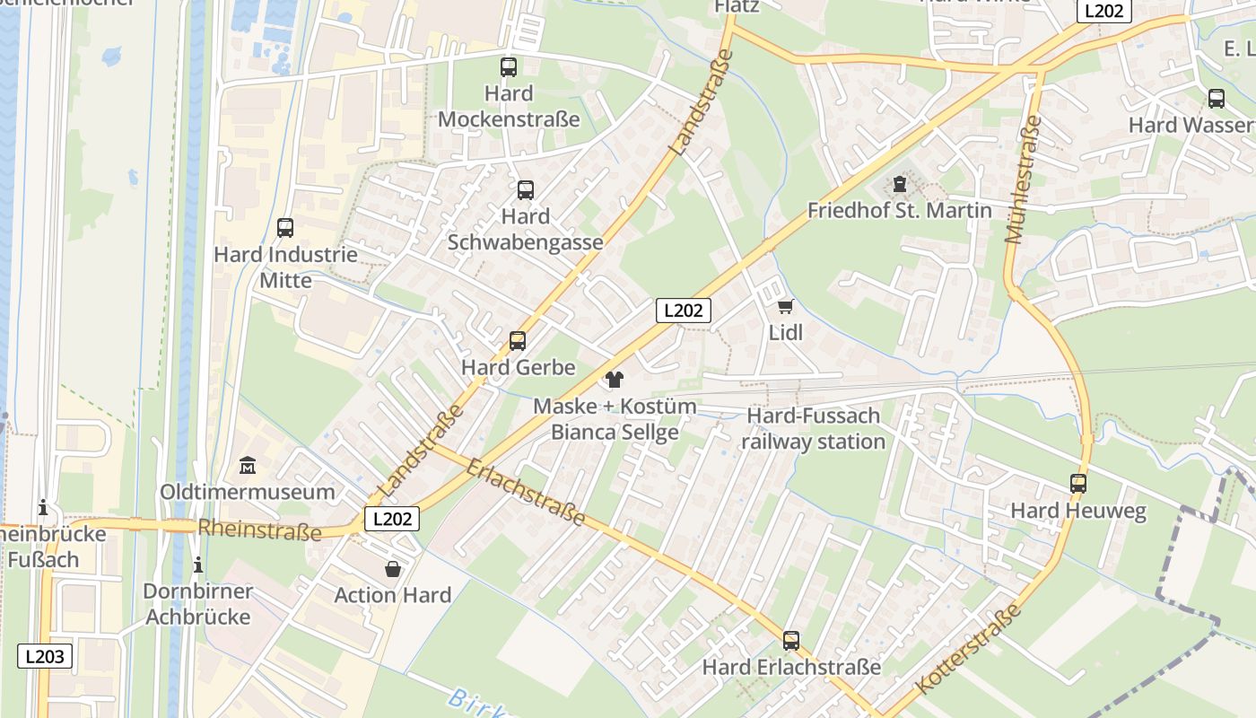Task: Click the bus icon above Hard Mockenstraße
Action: click(509, 66)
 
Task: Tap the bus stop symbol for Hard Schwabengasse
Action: click(526, 190)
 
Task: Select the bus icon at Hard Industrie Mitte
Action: click(285, 228)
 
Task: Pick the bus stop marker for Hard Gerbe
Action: click(518, 341)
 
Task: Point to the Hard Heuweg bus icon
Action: click(1078, 484)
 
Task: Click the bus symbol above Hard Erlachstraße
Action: click(790, 641)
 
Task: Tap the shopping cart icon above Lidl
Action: click(786, 306)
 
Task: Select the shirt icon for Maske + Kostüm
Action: click(615, 380)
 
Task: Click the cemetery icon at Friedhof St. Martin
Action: click(900, 185)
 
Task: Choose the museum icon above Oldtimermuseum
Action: click(248, 466)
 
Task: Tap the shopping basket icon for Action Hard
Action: click(393, 569)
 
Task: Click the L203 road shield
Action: click(45, 656)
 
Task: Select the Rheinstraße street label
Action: click(259, 530)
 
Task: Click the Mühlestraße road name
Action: click(1024, 179)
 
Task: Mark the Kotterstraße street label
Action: click(969, 649)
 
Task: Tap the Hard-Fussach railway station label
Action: click(814, 429)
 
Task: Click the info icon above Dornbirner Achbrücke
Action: click(198, 565)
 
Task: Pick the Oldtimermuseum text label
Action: click(248, 492)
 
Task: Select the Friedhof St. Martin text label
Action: click(900, 211)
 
